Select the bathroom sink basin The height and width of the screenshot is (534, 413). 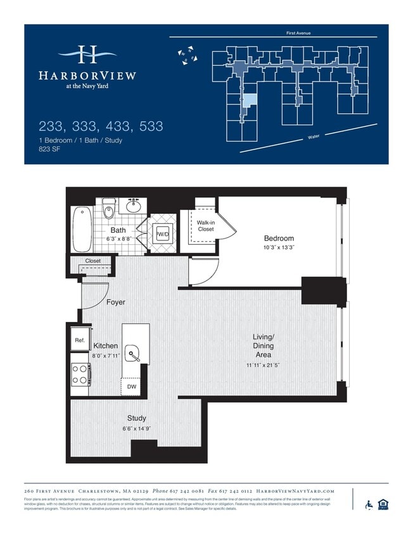click(x=134, y=206)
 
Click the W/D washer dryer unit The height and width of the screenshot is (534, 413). click(x=163, y=235)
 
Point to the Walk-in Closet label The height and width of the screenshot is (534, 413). click(x=205, y=226)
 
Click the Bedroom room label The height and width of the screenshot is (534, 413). click(x=279, y=239)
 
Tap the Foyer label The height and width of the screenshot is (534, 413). click(x=115, y=302)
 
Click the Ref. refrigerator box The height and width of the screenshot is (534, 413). click(x=80, y=340)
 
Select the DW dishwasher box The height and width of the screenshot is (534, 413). click(x=132, y=387)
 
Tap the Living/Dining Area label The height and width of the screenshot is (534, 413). click(x=264, y=346)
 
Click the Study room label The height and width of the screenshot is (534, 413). click(x=136, y=418)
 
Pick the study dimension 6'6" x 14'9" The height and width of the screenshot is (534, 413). click(x=136, y=428)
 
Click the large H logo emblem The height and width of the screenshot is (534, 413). click(x=87, y=55)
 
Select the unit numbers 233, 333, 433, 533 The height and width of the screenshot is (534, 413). click(x=101, y=126)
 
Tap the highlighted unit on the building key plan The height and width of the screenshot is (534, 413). click(x=251, y=100)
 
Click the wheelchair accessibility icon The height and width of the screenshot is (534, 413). click(x=369, y=504)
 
